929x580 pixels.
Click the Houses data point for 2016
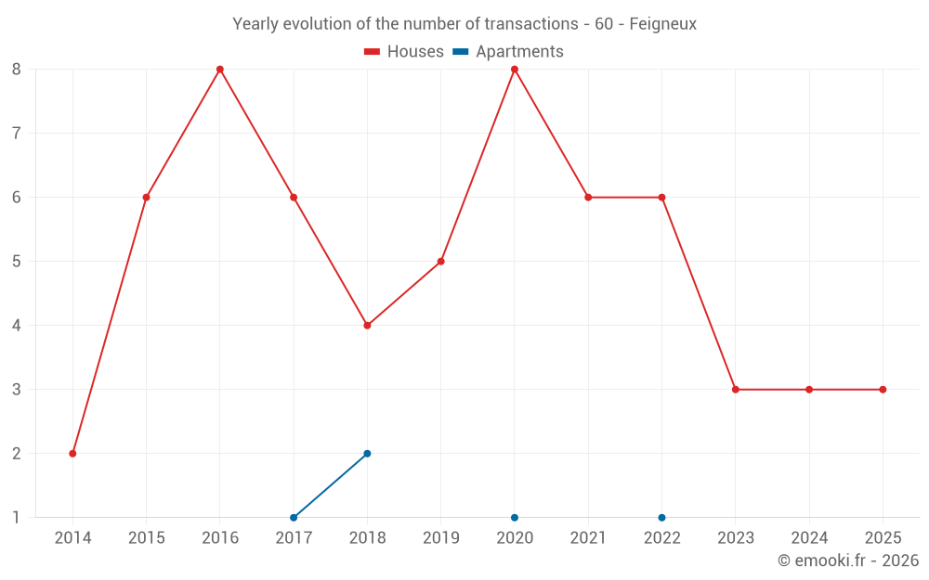220,70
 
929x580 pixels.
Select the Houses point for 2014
72,454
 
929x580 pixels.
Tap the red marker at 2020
515,70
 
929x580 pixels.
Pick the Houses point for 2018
367,326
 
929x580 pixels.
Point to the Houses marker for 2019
441,262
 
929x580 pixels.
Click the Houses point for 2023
736,390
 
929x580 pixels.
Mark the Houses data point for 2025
883,390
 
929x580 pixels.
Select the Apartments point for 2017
294,518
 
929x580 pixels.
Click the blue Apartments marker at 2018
367,454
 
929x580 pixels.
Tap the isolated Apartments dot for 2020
515,518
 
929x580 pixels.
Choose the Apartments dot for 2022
661,518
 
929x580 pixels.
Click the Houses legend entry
404,52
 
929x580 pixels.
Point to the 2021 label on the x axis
588,538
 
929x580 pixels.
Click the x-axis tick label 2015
146,538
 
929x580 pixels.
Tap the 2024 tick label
809,538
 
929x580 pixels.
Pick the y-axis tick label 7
17,134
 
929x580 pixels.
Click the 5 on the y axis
17,262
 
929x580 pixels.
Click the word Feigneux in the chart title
662,24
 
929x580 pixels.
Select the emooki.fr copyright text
848,561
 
